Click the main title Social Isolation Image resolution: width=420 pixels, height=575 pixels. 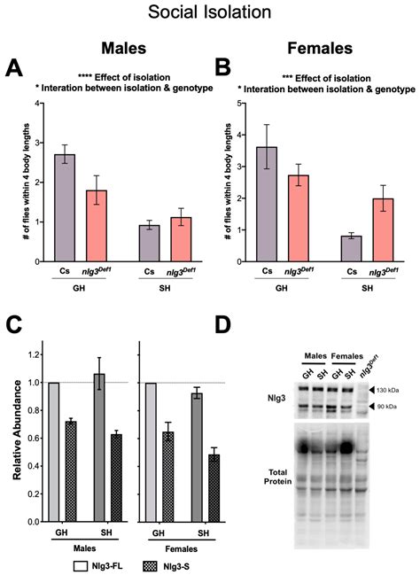point(209,12)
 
